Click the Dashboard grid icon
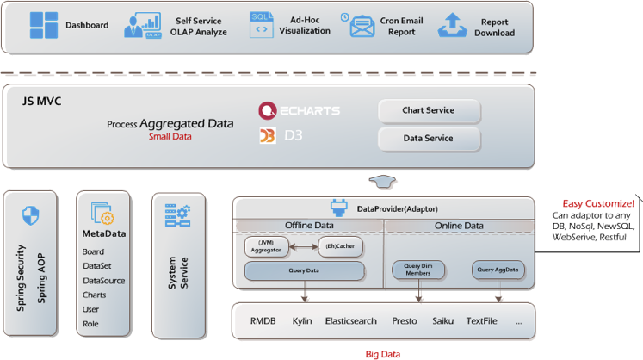(x=43, y=25)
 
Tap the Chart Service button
(x=429, y=111)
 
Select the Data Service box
(x=429, y=139)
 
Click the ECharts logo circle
(x=268, y=110)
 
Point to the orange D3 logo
(x=268, y=136)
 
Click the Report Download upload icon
(x=452, y=25)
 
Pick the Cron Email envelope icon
(x=362, y=27)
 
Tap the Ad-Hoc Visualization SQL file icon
(x=261, y=25)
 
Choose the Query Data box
(x=304, y=271)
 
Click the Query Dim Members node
(x=418, y=270)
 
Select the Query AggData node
(x=498, y=270)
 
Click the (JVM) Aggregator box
(x=267, y=246)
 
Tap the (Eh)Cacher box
(x=340, y=246)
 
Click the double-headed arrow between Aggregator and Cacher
(x=304, y=246)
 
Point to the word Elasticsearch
(x=350, y=321)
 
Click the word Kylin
(x=302, y=321)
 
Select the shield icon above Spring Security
(x=30, y=215)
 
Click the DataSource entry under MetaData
(x=104, y=281)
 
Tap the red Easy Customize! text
(x=598, y=203)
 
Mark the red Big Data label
(x=382, y=354)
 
